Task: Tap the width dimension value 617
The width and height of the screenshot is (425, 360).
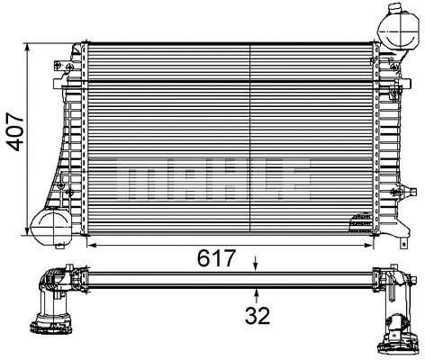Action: click(x=216, y=259)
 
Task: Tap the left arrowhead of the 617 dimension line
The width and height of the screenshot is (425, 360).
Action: click(x=91, y=245)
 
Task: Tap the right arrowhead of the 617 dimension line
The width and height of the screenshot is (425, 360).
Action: click(x=371, y=245)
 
